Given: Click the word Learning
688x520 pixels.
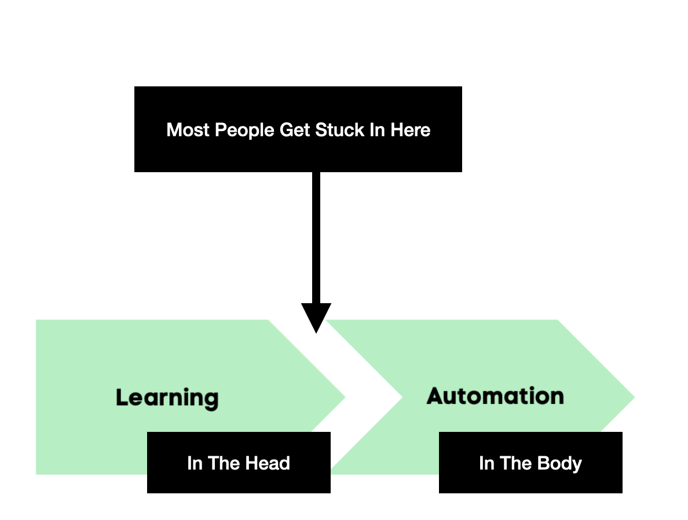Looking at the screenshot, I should pos(167,398).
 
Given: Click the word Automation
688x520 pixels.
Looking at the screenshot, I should pos(495,397).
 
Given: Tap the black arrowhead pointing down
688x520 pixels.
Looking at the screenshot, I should pos(316,316).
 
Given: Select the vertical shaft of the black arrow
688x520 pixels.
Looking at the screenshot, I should pos(316,238).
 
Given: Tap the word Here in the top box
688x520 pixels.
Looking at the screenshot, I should pos(411,130).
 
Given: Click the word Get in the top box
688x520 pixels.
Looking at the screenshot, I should pos(295,130).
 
